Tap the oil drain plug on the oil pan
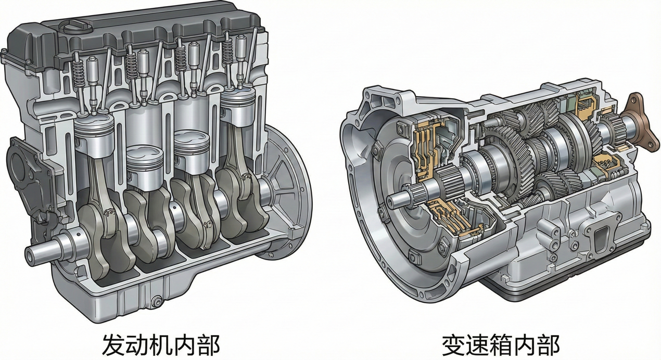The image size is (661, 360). point(157,302)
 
